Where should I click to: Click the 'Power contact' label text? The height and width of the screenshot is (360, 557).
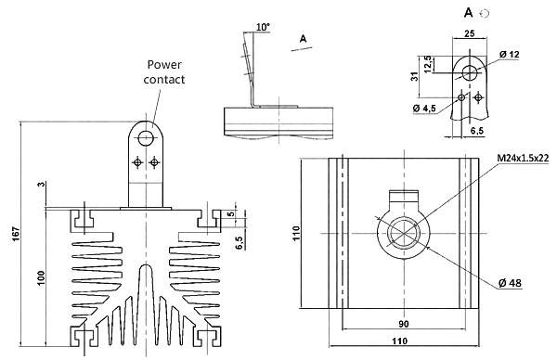[x=164, y=72]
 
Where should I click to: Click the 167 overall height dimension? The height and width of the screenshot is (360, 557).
[x=17, y=234]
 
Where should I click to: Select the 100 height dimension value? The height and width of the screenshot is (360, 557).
[x=42, y=278]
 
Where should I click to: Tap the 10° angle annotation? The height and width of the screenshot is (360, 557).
[x=263, y=27]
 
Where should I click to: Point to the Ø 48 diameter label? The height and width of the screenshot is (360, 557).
[x=510, y=283]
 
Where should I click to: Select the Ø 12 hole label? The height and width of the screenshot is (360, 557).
[x=509, y=55]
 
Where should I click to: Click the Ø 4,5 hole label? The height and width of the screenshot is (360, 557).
[x=424, y=108]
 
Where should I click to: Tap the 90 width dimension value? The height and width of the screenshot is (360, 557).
[x=404, y=324]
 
